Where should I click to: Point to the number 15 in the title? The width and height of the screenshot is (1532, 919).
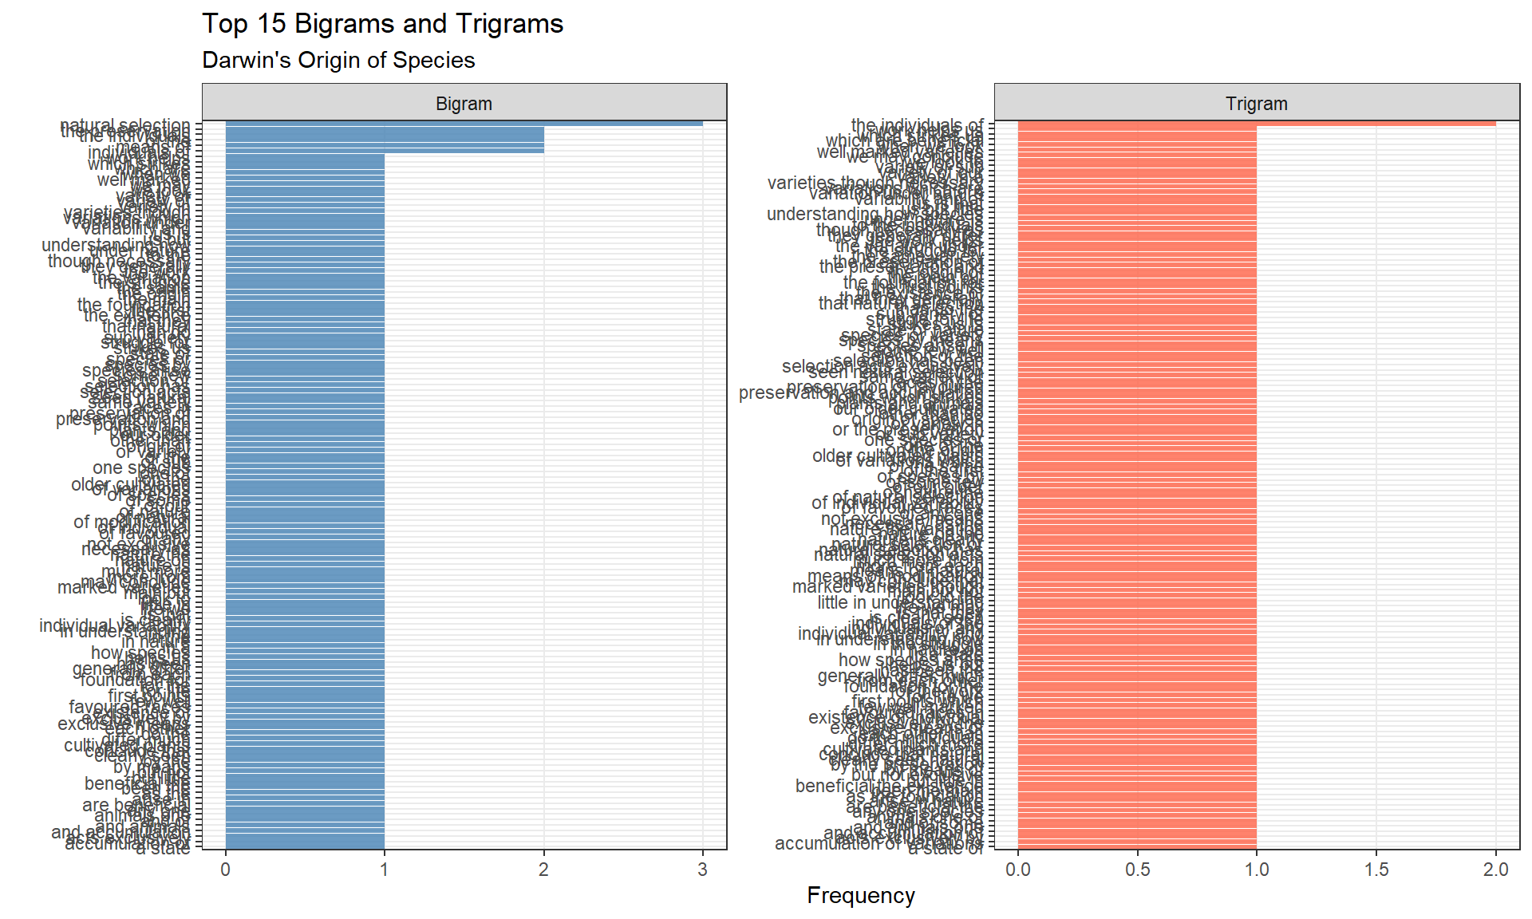[x=271, y=24]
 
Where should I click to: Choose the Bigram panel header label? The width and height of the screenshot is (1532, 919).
[x=464, y=104]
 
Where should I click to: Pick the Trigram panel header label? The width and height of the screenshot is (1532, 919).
[x=1256, y=104]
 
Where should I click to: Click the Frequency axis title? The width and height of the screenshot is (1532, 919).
[x=860, y=895]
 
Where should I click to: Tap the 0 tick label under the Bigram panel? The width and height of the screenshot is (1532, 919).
[x=226, y=870]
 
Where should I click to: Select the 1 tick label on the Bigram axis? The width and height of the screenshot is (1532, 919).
[x=385, y=870]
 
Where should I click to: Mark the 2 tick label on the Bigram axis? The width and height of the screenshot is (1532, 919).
[x=543, y=870]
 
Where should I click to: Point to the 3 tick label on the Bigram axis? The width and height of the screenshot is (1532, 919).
[x=702, y=870]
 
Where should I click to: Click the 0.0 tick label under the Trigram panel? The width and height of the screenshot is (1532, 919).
[x=1017, y=870]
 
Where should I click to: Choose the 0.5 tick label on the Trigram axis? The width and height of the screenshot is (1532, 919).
[x=1137, y=870]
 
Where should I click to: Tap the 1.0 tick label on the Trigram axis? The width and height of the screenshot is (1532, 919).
[x=1257, y=870]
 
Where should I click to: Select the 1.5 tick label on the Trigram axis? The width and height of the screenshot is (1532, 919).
[x=1376, y=870]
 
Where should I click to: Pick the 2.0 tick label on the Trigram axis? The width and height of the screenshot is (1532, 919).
[x=1496, y=870]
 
